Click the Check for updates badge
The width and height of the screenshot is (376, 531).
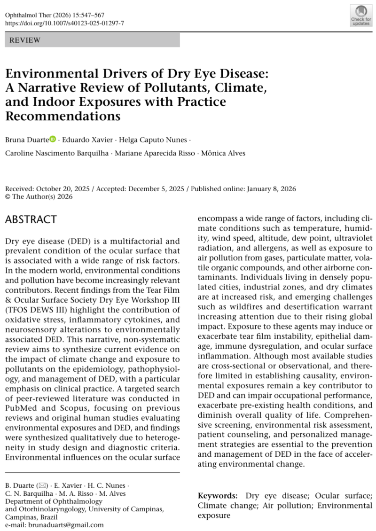(360, 15)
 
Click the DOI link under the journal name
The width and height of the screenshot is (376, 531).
(64, 23)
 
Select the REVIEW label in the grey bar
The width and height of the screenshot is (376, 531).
(25, 40)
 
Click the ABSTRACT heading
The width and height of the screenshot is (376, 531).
(31, 219)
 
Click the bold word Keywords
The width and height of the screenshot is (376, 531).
(217, 496)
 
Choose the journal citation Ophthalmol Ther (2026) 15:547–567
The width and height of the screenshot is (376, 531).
(55, 15)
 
